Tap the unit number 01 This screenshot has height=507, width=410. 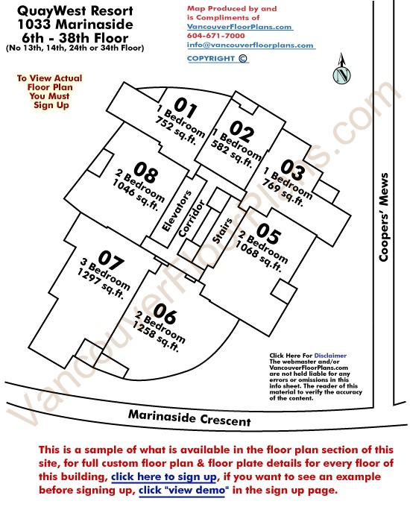(x=186, y=107)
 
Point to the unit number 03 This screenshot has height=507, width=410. (x=293, y=170)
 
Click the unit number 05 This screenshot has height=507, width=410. (x=268, y=233)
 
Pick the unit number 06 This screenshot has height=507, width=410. (x=165, y=313)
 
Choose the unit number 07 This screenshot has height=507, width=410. (x=111, y=259)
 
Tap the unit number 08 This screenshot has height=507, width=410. (x=146, y=171)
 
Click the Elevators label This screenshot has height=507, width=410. (x=177, y=211)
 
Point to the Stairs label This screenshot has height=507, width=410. (x=222, y=230)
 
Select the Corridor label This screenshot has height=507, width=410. (x=192, y=218)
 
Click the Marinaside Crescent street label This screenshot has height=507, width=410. (x=189, y=418)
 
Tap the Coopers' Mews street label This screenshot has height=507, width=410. (x=384, y=217)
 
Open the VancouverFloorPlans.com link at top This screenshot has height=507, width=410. (x=239, y=27)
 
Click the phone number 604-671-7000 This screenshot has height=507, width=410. (x=216, y=36)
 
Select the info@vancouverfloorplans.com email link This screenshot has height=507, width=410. (x=250, y=45)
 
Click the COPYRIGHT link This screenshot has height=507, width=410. (x=217, y=58)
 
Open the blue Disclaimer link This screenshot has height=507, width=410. (x=330, y=356)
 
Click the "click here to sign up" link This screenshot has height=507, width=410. (x=164, y=477)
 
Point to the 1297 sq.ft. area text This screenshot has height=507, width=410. (x=100, y=283)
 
